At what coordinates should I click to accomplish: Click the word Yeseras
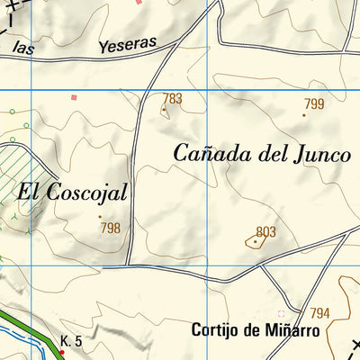coord(126,44)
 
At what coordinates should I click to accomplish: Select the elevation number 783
coord(173,98)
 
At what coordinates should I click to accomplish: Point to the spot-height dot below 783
coord(164,110)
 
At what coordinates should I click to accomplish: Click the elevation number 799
coord(313,103)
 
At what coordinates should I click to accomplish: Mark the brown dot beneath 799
coord(304,114)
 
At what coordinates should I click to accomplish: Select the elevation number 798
coord(110,228)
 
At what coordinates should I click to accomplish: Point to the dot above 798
coord(100,216)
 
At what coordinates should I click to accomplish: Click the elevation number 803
coord(265,232)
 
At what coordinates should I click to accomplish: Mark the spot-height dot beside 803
coord(256,241)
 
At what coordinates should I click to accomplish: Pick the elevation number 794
coord(319,312)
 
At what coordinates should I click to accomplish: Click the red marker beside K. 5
coord(61,351)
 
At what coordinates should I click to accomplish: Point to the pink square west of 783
coord(75,97)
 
